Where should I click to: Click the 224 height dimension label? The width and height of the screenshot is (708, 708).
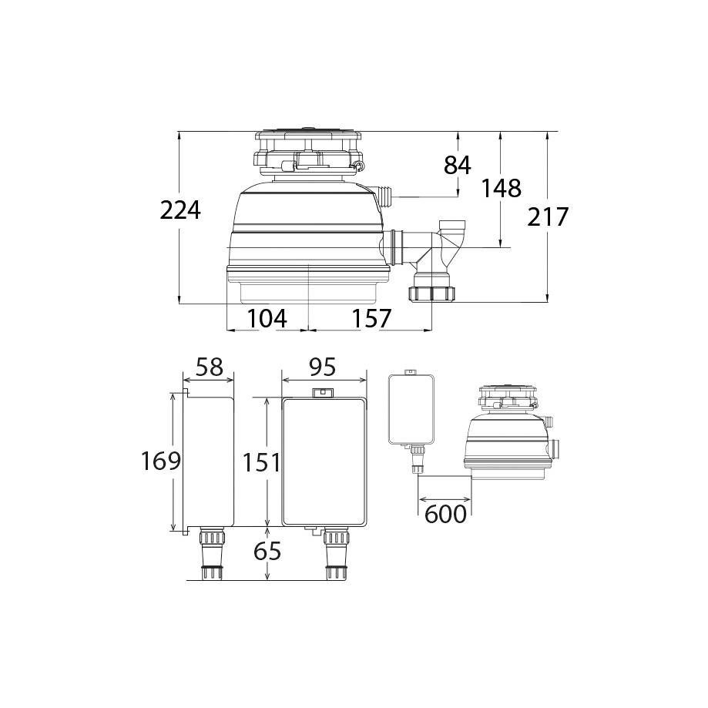tap(180, 210)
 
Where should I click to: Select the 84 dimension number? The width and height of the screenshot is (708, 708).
tap(458, 165)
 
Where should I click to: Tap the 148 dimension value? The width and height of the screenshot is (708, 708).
tap(502, 188)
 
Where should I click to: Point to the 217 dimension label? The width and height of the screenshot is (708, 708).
tap(547, 216)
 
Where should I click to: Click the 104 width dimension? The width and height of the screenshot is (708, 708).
tap(267, 318)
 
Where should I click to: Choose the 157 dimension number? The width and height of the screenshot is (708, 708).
tap(371, 318)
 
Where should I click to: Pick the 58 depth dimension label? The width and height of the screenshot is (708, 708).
tap(210, 367)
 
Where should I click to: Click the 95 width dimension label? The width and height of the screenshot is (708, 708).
tap(323, 367)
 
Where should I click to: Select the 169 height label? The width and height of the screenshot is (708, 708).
tap(161, 461)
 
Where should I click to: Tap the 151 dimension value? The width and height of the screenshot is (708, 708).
tap(261, 462)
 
